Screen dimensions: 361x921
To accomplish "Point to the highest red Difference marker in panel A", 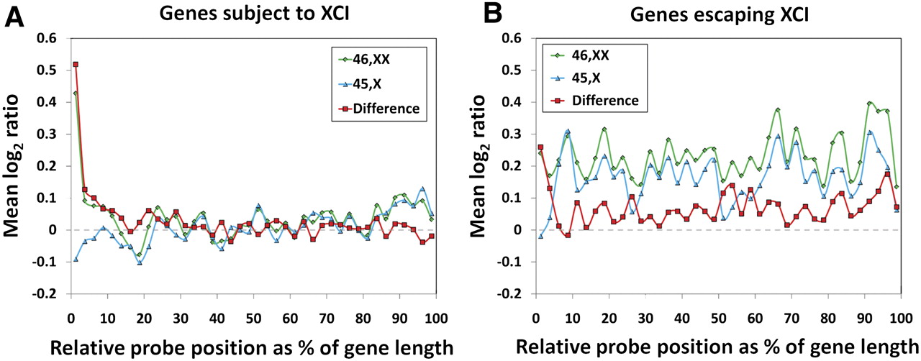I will [76, 64].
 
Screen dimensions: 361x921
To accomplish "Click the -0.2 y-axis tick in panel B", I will [512, 293].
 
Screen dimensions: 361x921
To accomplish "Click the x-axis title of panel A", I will [253, 347].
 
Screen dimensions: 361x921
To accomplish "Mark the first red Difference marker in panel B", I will [537, 147].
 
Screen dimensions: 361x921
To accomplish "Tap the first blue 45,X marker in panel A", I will [76, 259].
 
